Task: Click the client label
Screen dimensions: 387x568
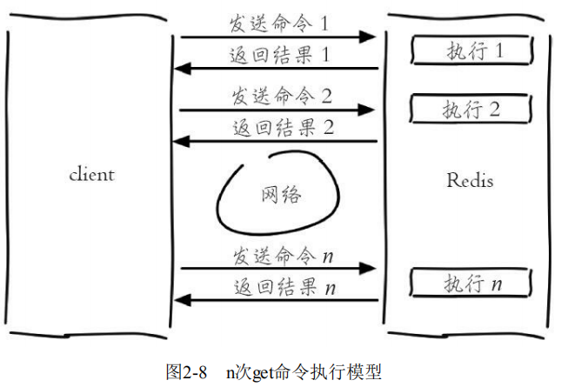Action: [91, 175]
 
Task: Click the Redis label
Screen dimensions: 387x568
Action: [470, 181]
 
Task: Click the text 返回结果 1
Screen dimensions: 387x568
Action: [279, 54]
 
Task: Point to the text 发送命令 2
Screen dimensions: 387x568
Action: [279, 94]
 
